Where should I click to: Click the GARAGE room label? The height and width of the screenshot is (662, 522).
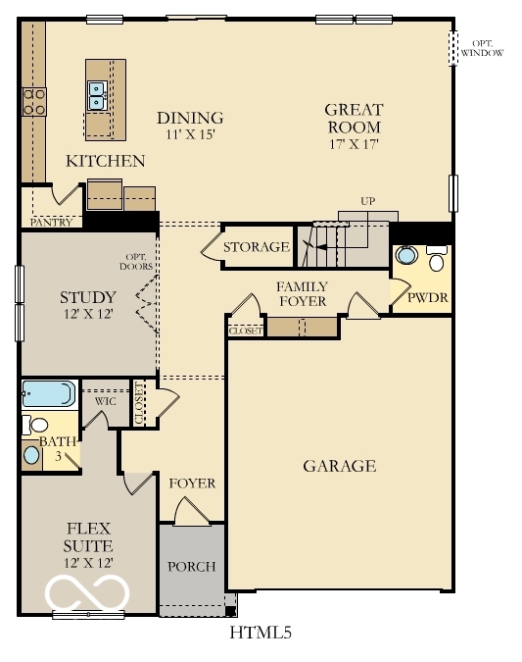(x=339, y=466)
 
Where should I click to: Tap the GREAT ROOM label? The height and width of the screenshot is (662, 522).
(x=354, y=118)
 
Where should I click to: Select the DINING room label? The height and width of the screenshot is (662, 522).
(x=190, y=118)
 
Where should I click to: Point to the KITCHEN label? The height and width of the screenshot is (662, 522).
(x=105, y=161)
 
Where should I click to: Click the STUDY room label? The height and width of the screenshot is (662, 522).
(x=87, y=297)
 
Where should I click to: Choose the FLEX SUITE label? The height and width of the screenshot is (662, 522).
(x=87, y=536)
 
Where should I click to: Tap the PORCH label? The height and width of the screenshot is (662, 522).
(x=191, y=567)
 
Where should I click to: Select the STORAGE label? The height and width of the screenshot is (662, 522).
(x=257, y=247)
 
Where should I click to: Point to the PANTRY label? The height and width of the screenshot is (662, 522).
(x=49, y=223)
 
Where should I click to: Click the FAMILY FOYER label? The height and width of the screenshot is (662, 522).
(x=301, y=293)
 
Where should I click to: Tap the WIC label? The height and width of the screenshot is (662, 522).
(x=106, y=401)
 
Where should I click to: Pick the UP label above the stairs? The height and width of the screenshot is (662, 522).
(x=367, y=201)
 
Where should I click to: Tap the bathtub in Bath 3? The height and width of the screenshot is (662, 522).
(x=48, y=394)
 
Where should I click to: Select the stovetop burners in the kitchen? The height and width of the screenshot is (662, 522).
(x=33, y=101)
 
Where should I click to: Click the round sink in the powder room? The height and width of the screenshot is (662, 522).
(x=406, y=258)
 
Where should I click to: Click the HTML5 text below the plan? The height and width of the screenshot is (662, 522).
(x=261, y=633)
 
